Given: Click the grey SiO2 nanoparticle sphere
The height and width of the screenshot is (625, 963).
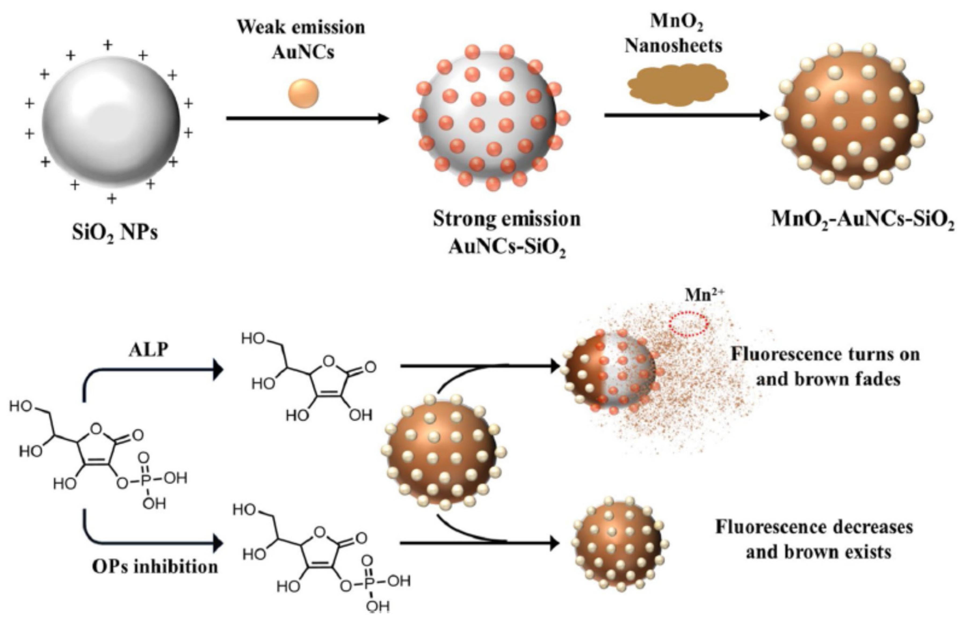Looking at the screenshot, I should click(x=111, y=122).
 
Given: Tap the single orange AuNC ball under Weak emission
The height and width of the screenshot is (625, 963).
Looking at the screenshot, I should click(x=303, y=94).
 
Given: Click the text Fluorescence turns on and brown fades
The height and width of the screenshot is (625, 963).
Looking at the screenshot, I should click(x=826, y=367).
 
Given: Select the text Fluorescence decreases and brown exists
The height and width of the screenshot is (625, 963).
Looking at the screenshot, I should click(x=814, y=540).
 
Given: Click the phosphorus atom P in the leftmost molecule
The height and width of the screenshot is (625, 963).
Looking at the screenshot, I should click(x=146, y=479).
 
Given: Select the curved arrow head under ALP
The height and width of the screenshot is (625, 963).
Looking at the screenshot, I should click(x=218, y=370).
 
